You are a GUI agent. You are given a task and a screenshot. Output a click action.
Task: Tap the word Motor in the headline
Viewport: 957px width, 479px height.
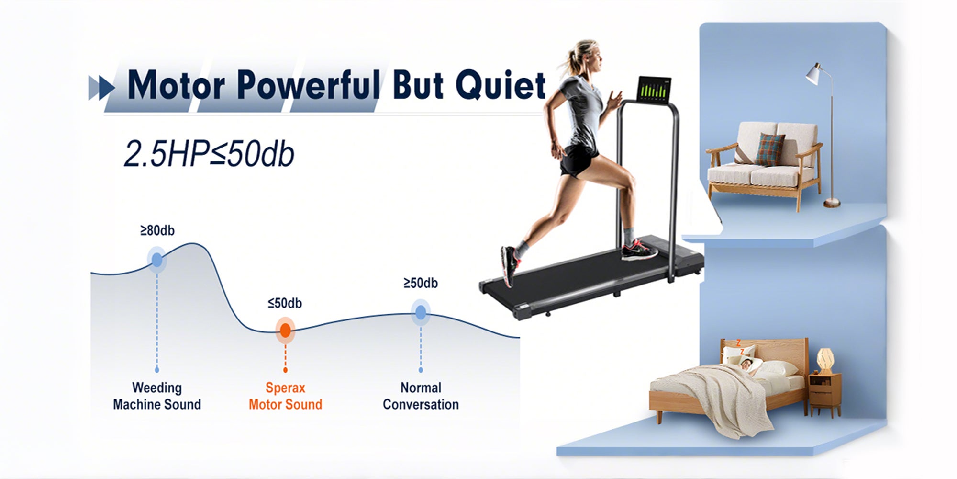176,85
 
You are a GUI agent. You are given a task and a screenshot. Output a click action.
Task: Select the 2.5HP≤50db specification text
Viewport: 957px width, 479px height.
209,154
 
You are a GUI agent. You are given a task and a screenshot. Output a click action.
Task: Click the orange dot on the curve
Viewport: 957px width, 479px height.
285,330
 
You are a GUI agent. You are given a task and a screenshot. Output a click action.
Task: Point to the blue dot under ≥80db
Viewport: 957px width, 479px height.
157,260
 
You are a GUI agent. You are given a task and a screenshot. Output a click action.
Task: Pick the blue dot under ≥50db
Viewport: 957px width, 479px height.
421,313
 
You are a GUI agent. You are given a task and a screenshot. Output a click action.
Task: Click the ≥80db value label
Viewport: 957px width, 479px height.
157,231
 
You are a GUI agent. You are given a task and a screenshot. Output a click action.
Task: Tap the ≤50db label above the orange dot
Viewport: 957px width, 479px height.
285,303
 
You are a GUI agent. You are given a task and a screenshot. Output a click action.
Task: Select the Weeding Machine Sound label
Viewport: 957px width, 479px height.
157,396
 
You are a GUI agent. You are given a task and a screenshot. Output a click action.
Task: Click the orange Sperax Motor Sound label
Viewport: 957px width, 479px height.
285,396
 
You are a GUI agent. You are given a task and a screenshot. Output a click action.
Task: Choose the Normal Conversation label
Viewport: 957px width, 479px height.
421,396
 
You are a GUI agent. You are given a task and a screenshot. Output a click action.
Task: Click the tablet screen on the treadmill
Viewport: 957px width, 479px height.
654,89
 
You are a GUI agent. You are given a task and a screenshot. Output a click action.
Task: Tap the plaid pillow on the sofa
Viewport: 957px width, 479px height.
769,149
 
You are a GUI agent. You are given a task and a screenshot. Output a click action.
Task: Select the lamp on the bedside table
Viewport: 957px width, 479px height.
824,360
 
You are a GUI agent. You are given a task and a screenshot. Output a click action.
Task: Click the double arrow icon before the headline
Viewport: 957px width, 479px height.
102,88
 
